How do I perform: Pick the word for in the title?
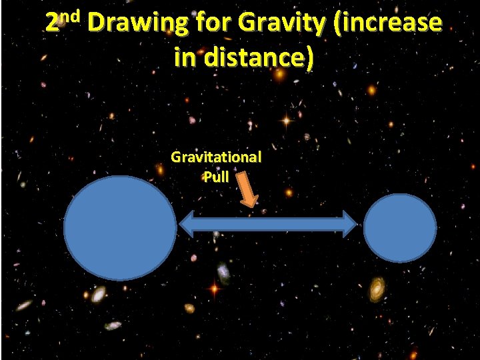pyautogui.click(x=210, y=23)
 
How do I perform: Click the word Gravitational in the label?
pyautogui.click(x=216, y=157)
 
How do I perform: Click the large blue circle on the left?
pyautogui.click(x=120, y=227)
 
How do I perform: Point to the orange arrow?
pyautogui.click(x=248, y=191)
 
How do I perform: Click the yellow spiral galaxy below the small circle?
pyautogui.click(x=378, y=289)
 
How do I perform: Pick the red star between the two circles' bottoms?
pyautogui.click(x=214, y=289)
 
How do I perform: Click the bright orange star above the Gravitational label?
pyautogui.click(x=286, y=121)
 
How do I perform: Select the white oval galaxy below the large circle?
pyautogui.click(x=99, y=293)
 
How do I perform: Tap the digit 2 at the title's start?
pyautogui.click(x=53, y=24)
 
